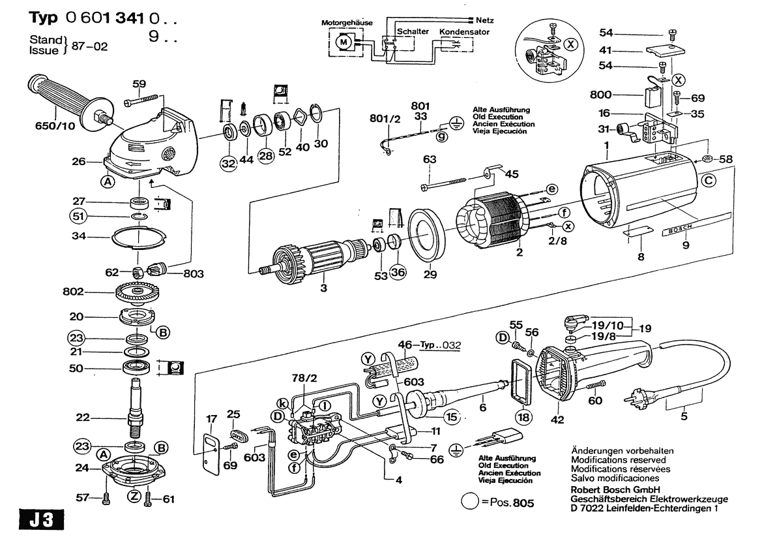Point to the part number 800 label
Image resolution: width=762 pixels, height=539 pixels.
[x=600, y=95]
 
